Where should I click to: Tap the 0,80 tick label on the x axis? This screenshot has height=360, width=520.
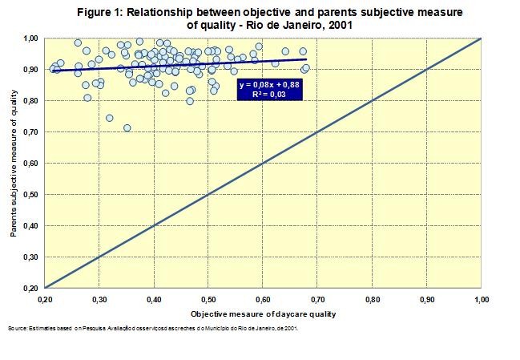373,299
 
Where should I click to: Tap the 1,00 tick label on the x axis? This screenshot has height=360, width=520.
482,299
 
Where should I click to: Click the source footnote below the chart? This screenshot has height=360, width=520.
152,328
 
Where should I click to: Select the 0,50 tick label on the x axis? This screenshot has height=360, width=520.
208,299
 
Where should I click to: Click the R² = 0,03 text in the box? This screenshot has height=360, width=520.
271,95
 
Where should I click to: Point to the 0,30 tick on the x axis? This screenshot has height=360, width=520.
99,299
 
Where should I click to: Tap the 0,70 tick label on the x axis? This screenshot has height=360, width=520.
318,299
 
